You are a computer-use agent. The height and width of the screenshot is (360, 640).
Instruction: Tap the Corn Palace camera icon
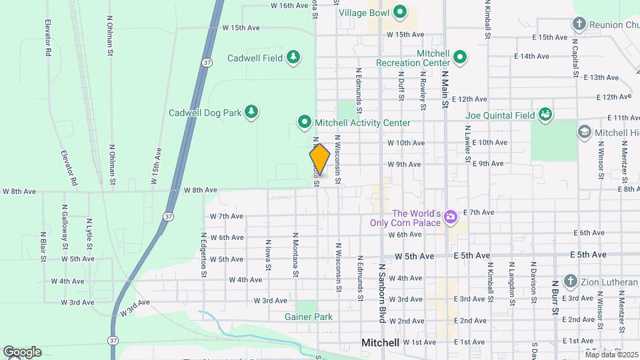[451, 217]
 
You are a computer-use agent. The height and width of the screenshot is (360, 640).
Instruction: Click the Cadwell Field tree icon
[293, 58]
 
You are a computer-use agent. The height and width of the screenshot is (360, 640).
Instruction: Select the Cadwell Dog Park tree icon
[251, 112]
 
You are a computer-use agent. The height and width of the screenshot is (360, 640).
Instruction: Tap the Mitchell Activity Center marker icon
[305, 122]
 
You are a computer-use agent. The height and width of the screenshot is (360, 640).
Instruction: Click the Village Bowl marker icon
[400, 12]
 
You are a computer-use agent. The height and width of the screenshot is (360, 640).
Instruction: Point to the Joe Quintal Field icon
[545, 115]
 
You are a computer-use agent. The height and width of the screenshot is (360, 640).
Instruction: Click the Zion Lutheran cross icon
[570, 281]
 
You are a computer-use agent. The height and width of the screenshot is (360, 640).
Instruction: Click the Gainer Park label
[308, 317]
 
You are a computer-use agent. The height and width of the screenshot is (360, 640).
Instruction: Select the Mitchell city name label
[380, 343]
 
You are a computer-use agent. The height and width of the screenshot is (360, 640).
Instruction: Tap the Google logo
[22, 352]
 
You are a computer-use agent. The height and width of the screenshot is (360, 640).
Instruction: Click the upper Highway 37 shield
[207, 61]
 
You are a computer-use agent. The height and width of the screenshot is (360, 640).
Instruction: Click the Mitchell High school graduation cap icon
[585, 132]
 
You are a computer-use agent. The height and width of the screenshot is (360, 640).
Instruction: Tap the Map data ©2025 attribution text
[611, 354]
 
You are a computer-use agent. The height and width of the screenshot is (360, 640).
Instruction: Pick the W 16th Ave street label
[289, 5]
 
